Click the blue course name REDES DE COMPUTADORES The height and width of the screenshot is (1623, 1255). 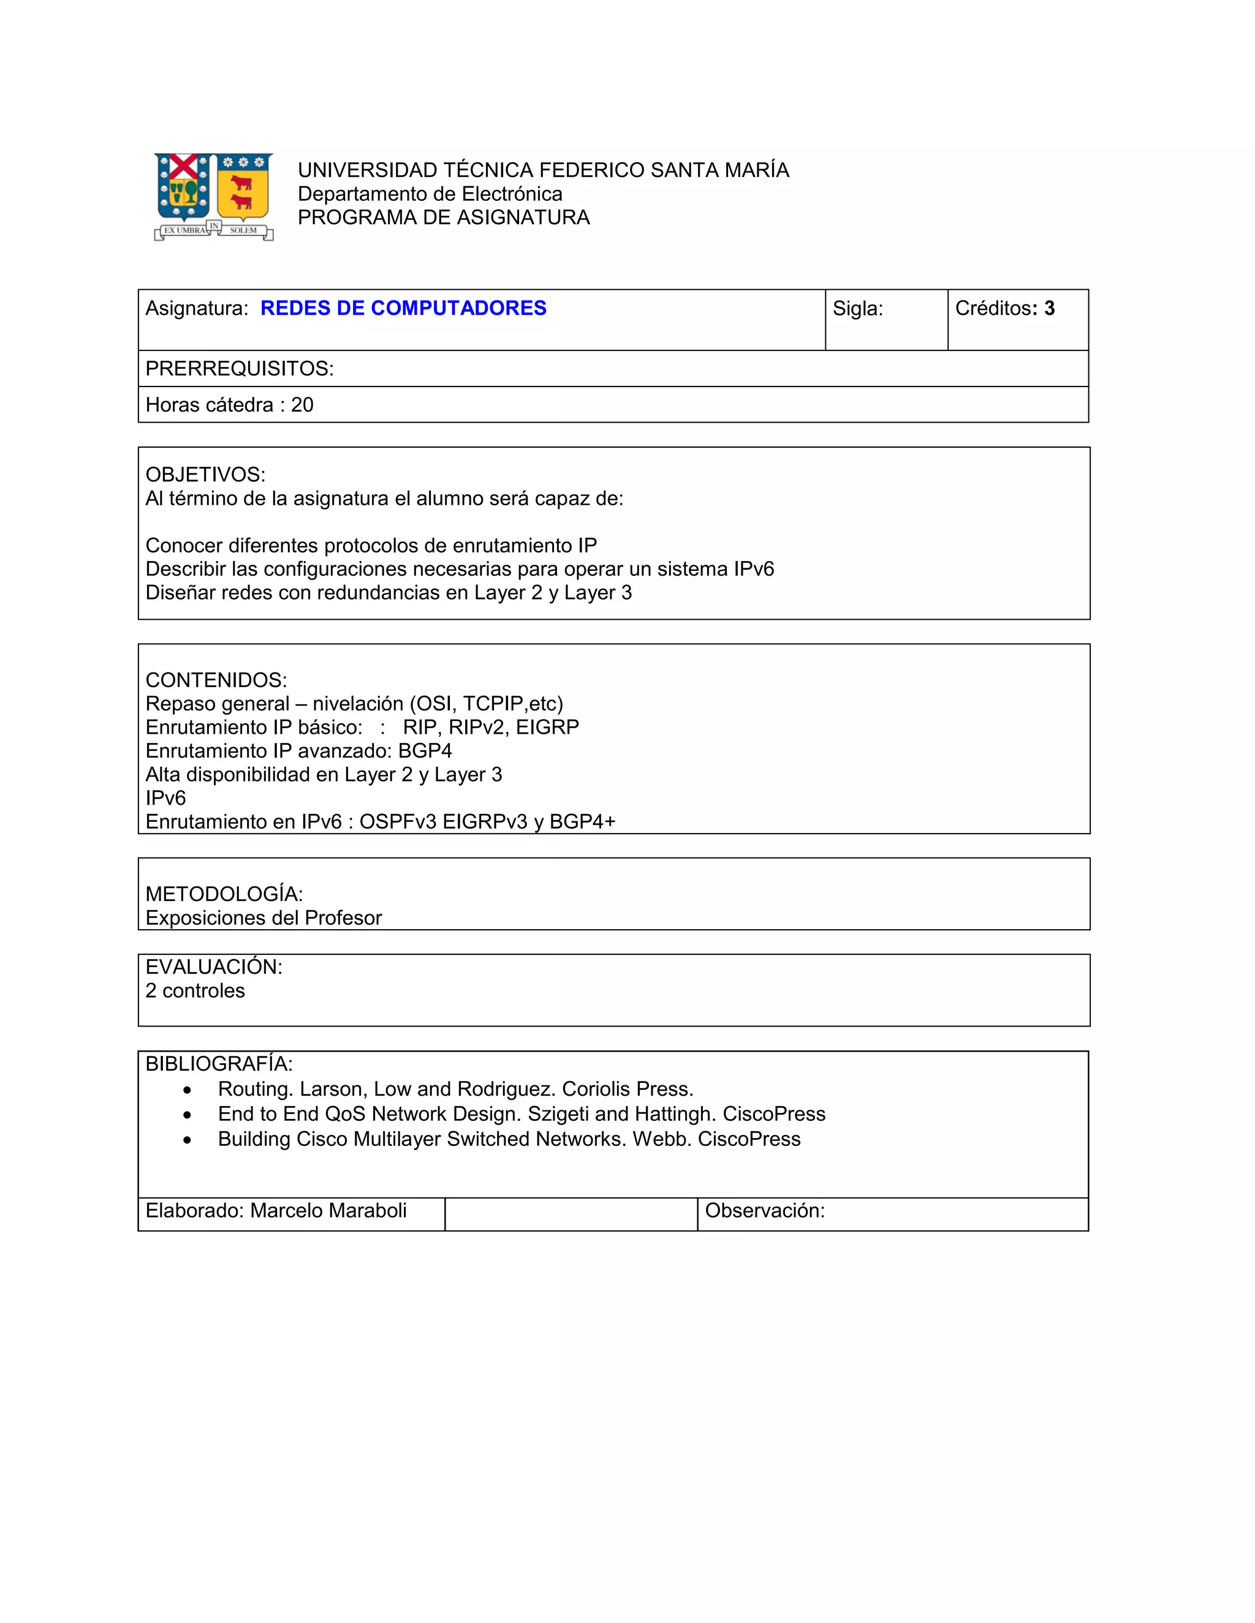click(403, 309)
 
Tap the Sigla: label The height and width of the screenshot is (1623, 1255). click(857, 309)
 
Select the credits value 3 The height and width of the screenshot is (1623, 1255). click(1049, 309)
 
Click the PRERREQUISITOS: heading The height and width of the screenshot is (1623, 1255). click(240, 369)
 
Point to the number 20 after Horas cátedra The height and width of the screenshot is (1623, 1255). click(302, 405)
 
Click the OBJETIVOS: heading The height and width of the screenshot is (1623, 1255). click(205, 474)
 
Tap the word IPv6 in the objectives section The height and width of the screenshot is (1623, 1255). click(753, 569)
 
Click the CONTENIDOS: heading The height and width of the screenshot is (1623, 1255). click(216, 680)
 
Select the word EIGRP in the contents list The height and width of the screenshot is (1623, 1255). click(547, 727)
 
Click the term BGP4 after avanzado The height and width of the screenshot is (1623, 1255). click(425, 751)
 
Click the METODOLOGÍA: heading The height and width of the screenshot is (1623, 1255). click(224, 894)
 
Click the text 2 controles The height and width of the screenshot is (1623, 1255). click(195, 990)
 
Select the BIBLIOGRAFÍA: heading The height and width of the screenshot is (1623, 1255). click(219, 1063)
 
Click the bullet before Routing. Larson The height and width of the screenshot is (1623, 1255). click(188, 1090)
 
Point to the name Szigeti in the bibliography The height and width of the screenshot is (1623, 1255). click(558, 1114)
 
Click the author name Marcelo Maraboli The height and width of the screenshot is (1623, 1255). click(328, 1211)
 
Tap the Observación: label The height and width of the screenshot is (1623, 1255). click(764, 1211)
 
